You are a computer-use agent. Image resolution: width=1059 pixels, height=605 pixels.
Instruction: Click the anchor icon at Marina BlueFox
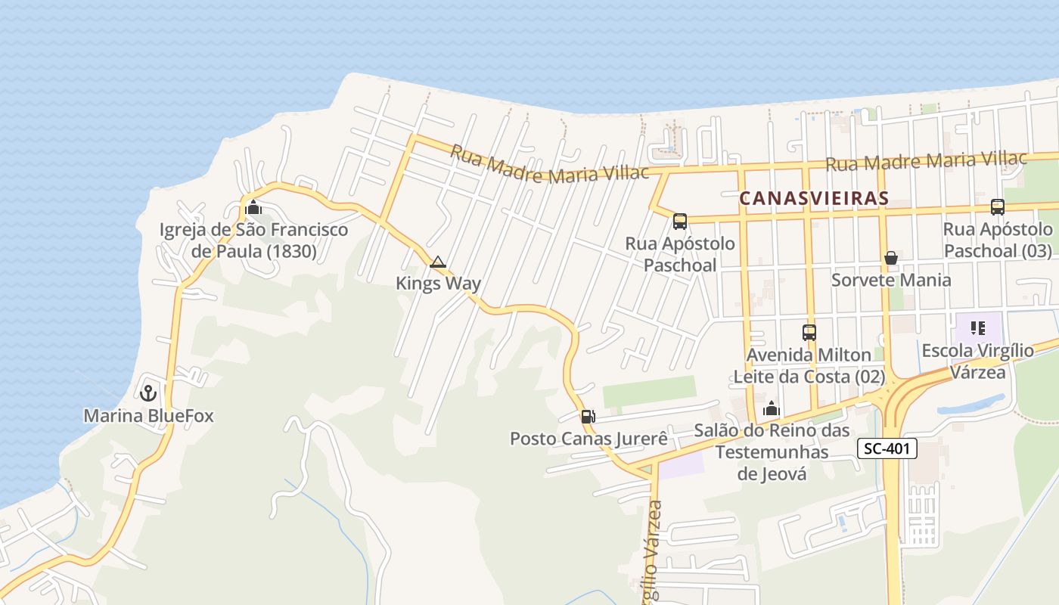(x=148, y=392)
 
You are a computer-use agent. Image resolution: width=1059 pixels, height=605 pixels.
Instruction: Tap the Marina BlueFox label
(x=148, y=416)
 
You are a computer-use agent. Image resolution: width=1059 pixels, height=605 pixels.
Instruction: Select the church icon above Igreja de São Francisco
(x=253, y=207)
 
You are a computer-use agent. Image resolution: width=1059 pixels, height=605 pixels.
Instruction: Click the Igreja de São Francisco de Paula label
(x=253, y=240)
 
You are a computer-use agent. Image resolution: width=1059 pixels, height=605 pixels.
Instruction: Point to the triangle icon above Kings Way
(x=437, y=262)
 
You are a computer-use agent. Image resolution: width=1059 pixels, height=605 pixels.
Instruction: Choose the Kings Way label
(x=439, y=284)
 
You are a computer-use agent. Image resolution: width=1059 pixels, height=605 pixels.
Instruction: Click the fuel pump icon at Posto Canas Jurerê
(x=588, y=416)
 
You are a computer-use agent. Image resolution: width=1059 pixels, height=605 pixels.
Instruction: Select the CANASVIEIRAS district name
(x=814, y=198)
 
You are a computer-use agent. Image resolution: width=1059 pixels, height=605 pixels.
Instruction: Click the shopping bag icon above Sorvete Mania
(x=891, y=258)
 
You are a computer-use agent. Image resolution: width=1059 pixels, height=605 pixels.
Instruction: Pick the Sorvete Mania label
(x=891, y=280)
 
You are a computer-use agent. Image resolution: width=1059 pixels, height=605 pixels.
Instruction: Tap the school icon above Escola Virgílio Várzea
(x=978, y=328)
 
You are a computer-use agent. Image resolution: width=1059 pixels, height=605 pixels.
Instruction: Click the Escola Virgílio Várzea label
(x=978, y=361)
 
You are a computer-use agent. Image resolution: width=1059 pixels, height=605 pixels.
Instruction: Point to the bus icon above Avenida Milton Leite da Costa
(x=809, y=332)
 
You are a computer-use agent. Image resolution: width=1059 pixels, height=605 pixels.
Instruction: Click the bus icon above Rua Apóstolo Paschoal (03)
(x=998, y=206)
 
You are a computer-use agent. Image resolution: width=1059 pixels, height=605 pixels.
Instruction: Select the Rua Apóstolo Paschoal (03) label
(x=998, y=240)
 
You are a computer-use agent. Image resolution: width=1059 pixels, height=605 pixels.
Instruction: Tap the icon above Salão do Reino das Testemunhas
(x=772, y=409)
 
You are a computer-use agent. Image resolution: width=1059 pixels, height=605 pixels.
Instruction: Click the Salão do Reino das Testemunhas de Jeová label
(x=772, y=452)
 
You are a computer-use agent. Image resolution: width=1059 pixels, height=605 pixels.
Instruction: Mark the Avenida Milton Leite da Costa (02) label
(x=809, y=365)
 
